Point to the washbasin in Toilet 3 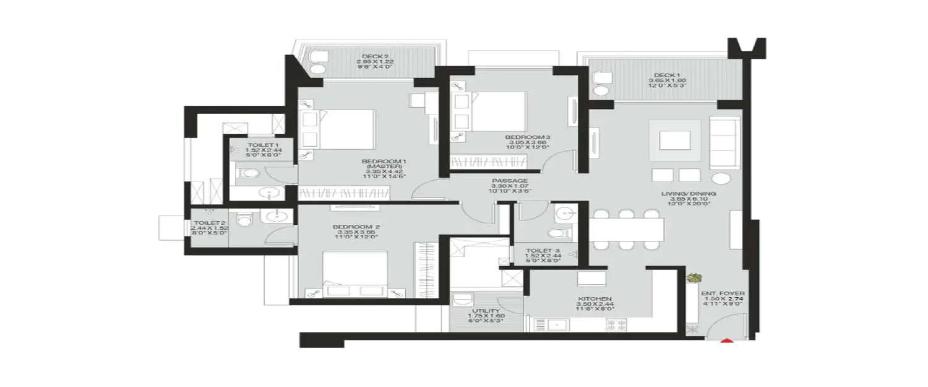[565, 214]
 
